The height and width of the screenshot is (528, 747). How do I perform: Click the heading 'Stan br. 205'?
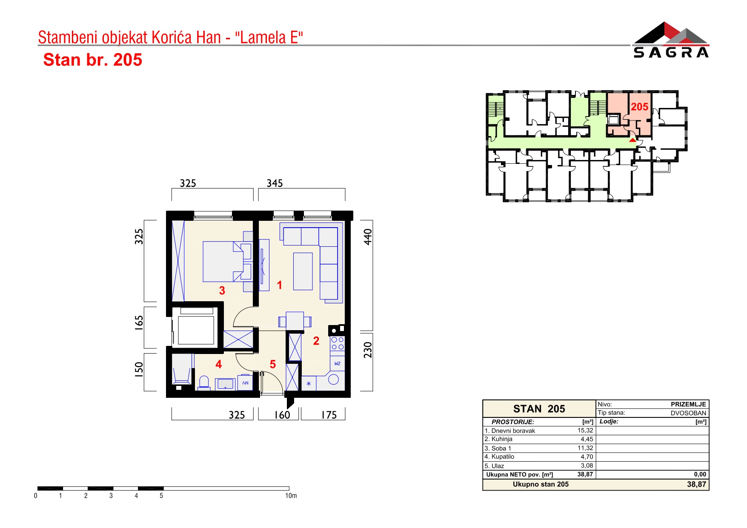click(93, 60)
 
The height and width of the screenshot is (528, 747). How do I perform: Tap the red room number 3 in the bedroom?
click(222, 291)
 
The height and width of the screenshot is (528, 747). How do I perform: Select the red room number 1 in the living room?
click(280, 285)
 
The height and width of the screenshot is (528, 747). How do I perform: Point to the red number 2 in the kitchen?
click(316, 341)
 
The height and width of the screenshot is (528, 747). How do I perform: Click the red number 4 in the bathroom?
click(219, 364)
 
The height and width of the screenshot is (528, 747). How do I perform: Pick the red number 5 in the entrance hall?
click(273, 364)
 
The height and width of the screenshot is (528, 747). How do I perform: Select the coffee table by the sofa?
click(303, 271)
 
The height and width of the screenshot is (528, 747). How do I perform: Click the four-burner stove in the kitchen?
click(338, 344)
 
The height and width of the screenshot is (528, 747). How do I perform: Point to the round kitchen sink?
click(334, 379)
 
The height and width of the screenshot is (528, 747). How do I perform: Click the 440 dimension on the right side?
click(368, 237)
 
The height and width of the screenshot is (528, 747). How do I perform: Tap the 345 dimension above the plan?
click(275, 183)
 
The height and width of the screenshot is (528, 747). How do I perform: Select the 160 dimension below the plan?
click(282, 415)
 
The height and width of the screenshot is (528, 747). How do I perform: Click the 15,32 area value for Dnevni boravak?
click(585, 431)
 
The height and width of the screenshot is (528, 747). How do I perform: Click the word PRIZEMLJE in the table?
click(688, 404)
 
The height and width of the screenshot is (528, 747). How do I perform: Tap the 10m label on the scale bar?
click(291, 496)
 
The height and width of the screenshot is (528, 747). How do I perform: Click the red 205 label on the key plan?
click(639, 107)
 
